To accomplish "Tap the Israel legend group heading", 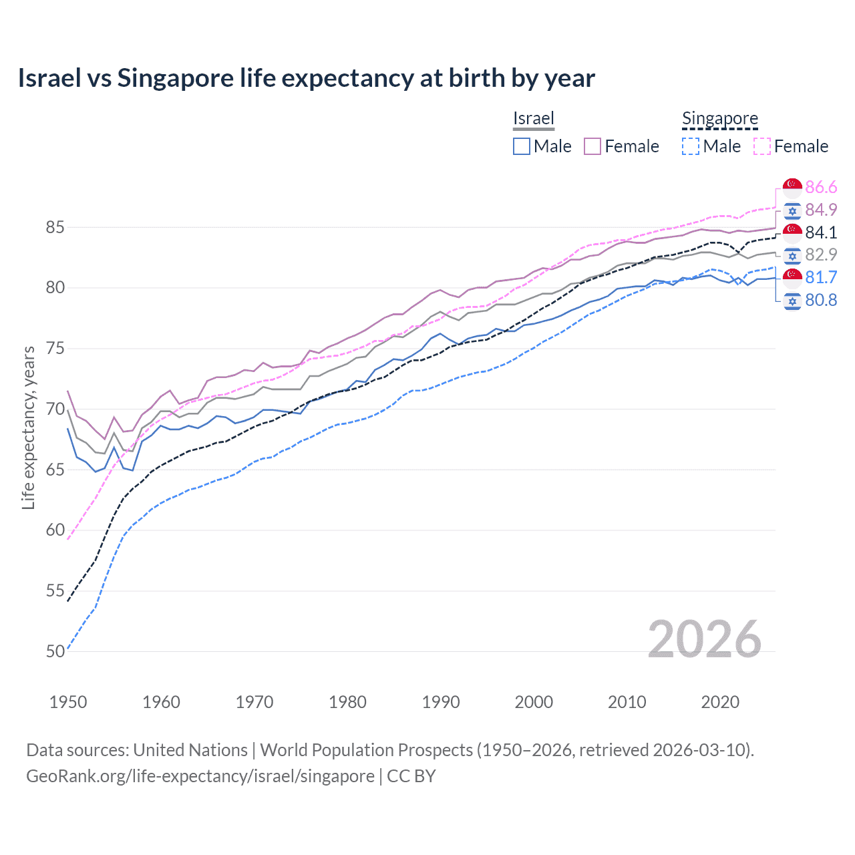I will tap(533, 118).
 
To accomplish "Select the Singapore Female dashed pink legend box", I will tap(761, 146).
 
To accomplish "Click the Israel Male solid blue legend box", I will tap(522, 146).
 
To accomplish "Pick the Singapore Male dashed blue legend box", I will tap(691, 146).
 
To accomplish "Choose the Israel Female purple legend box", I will tap(592, 146).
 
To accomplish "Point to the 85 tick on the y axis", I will tap(55, 228).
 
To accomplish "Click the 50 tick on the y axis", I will tap(55, 651).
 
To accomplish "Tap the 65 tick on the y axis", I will tap(55, 470).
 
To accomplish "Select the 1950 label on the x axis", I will tap(68, 702).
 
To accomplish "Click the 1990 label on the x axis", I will tap(441, 702).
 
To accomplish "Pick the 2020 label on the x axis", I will tap(720, 702).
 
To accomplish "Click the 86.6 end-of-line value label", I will tap(821, 187).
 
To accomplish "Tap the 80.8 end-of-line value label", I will tap(821, 301).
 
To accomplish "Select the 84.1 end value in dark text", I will tap(821, 232).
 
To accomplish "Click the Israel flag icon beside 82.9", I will tap(792, 255).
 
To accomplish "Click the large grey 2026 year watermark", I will tap(704, 639).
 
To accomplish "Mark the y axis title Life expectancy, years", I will tap(28, 427).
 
